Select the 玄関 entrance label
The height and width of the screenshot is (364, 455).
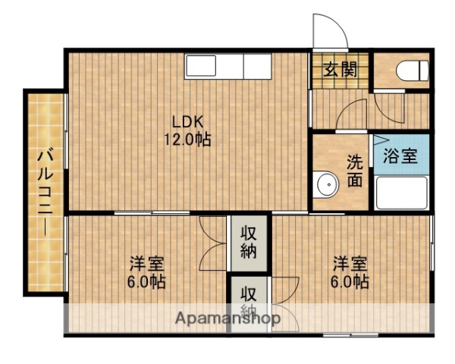pyautogui.click(x=340, y=71)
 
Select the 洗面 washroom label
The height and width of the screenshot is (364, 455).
pyautogui.click(x=354, y=171)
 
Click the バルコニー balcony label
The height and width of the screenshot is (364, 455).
pyautogui.click(x=44, y=193)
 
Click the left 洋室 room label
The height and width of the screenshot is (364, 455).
pyautogui.click(x=146, y=265)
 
